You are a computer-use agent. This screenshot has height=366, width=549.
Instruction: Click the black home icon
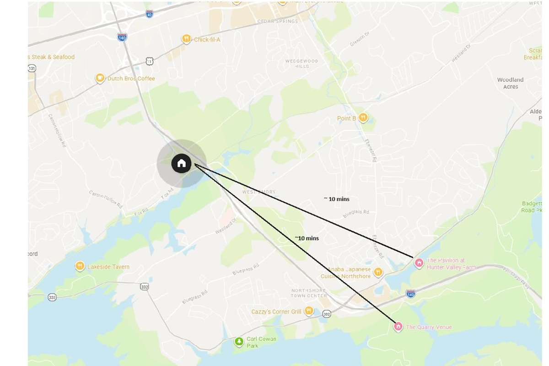(181, 163)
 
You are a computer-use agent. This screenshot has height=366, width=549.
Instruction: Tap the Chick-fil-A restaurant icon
(186, 39)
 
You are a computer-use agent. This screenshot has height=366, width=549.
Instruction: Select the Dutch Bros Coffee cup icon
(100, 78)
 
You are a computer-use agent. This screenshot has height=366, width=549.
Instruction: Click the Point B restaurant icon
(363, 118)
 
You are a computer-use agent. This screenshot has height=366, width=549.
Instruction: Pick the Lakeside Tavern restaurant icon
(80, 266)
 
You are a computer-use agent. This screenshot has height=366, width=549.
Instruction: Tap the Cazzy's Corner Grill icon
(309, 312)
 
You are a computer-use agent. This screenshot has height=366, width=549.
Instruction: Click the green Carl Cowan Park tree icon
(238, 341)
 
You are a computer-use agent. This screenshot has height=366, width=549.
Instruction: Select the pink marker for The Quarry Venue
(398, 326)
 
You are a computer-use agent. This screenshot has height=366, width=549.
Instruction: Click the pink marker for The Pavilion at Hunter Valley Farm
(418, 263)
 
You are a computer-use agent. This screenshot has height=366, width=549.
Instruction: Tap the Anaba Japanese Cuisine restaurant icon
(378, 273)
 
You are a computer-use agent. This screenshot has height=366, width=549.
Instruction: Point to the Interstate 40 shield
(150, 14)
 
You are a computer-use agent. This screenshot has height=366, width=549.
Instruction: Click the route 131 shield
(32, 68)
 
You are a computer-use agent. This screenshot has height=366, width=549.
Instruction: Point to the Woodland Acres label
(510, 83)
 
